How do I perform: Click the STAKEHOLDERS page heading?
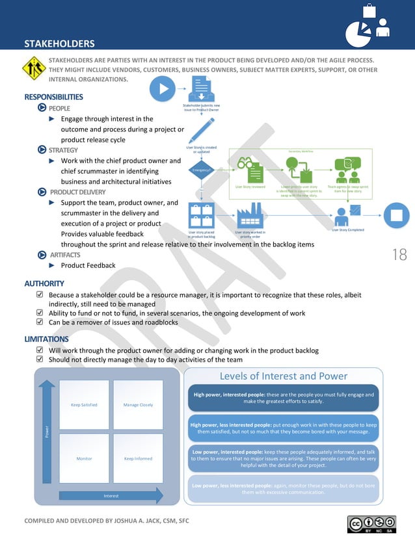(x=59, y=44)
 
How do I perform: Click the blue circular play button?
(x=163, y=89)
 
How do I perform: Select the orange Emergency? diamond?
(x=202, y=170)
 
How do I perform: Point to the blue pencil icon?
(x=201, y=129)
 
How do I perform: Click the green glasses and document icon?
(x=249, y=170)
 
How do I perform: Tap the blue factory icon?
(x=250, y=215)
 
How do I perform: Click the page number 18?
(x=399, y=254)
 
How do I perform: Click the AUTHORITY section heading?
(x=44, y=283)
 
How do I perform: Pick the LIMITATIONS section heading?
(x=46, y=339)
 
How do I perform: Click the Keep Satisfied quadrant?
(x=84, y=404)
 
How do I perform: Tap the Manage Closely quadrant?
(x=138, y=404)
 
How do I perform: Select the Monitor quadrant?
(x=84, y=458)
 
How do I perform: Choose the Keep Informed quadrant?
(x=138, y=458)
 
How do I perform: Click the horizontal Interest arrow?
(x=111, y=495)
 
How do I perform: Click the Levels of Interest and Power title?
(x=283, y=376)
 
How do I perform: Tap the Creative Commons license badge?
(x=371, y=524)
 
